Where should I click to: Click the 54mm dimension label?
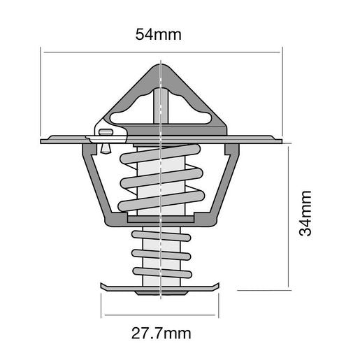[161, 34]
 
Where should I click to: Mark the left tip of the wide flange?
[43, 141]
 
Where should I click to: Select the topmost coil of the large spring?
[161, 157]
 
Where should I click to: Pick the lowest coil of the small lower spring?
[161, 271]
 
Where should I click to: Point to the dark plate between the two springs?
[161, 220]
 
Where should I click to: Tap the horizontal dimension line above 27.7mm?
[161, 312]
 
